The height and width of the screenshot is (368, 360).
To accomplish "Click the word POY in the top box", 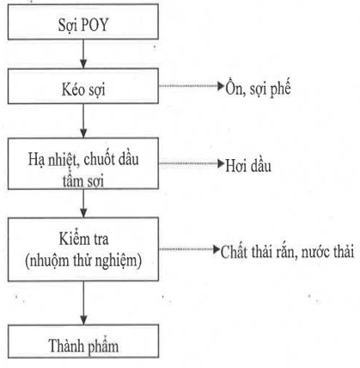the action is click(95, 25).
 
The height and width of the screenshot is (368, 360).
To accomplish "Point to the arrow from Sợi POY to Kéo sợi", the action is click(83, 54).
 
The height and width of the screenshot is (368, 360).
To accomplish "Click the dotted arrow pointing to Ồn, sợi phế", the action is click(192, 86).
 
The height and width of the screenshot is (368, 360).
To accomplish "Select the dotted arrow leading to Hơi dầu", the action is click(192, 163).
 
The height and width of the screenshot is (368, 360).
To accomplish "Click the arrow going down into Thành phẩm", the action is click(83, 303).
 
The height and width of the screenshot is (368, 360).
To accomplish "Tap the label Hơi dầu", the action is click(248, 166).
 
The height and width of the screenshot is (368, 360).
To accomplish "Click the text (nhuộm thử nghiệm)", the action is click(83, 261).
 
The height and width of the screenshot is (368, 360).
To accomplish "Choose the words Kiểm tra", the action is click(83, 239).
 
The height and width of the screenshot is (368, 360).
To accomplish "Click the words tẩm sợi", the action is click(83, 181).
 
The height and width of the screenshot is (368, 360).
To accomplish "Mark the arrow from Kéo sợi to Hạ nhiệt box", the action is click(83, 120).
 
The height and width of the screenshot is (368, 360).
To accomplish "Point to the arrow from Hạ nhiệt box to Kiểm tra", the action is click(83, 204).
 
